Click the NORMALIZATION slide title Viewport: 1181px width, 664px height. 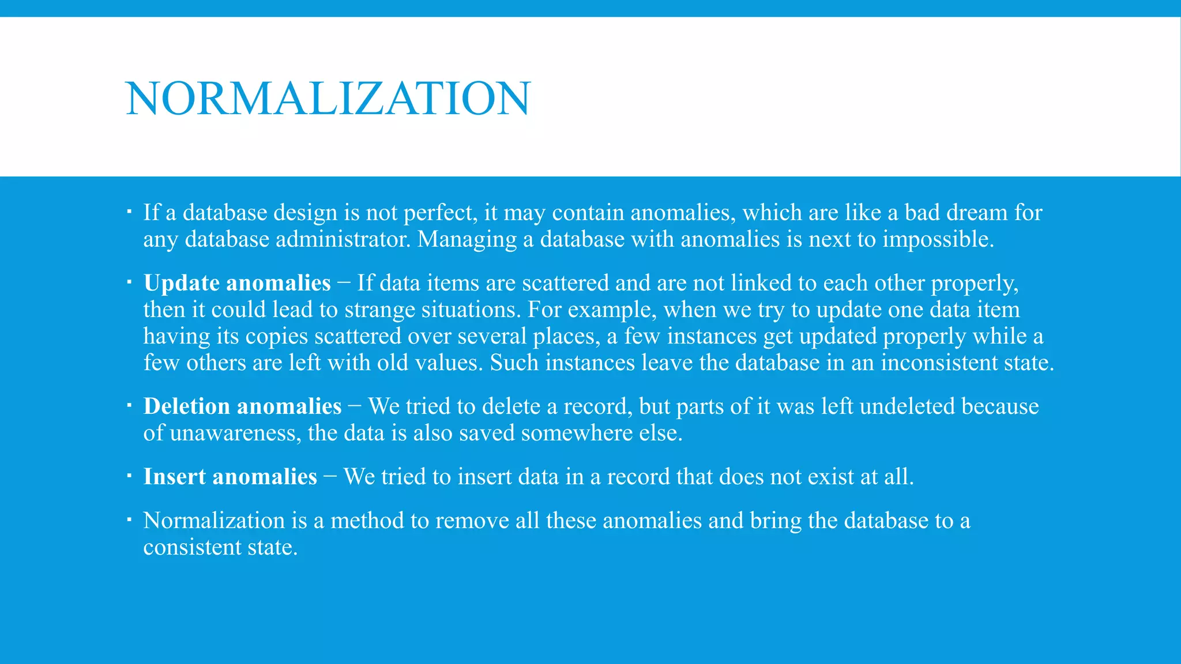point(328,99)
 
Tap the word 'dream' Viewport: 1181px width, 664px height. point(976,213)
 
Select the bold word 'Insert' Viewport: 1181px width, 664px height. point(175,477)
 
